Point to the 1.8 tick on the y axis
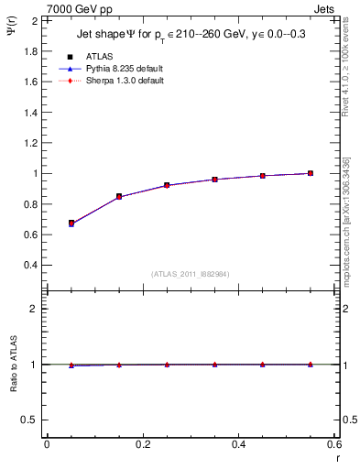31,50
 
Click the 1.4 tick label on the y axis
31,112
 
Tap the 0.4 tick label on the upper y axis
31,265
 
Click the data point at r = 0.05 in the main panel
71,223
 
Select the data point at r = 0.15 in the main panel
119,196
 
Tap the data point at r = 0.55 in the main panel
311,173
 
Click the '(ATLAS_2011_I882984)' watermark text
190,274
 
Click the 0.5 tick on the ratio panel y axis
31,420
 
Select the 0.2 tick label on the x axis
142,444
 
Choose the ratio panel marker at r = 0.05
71,365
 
